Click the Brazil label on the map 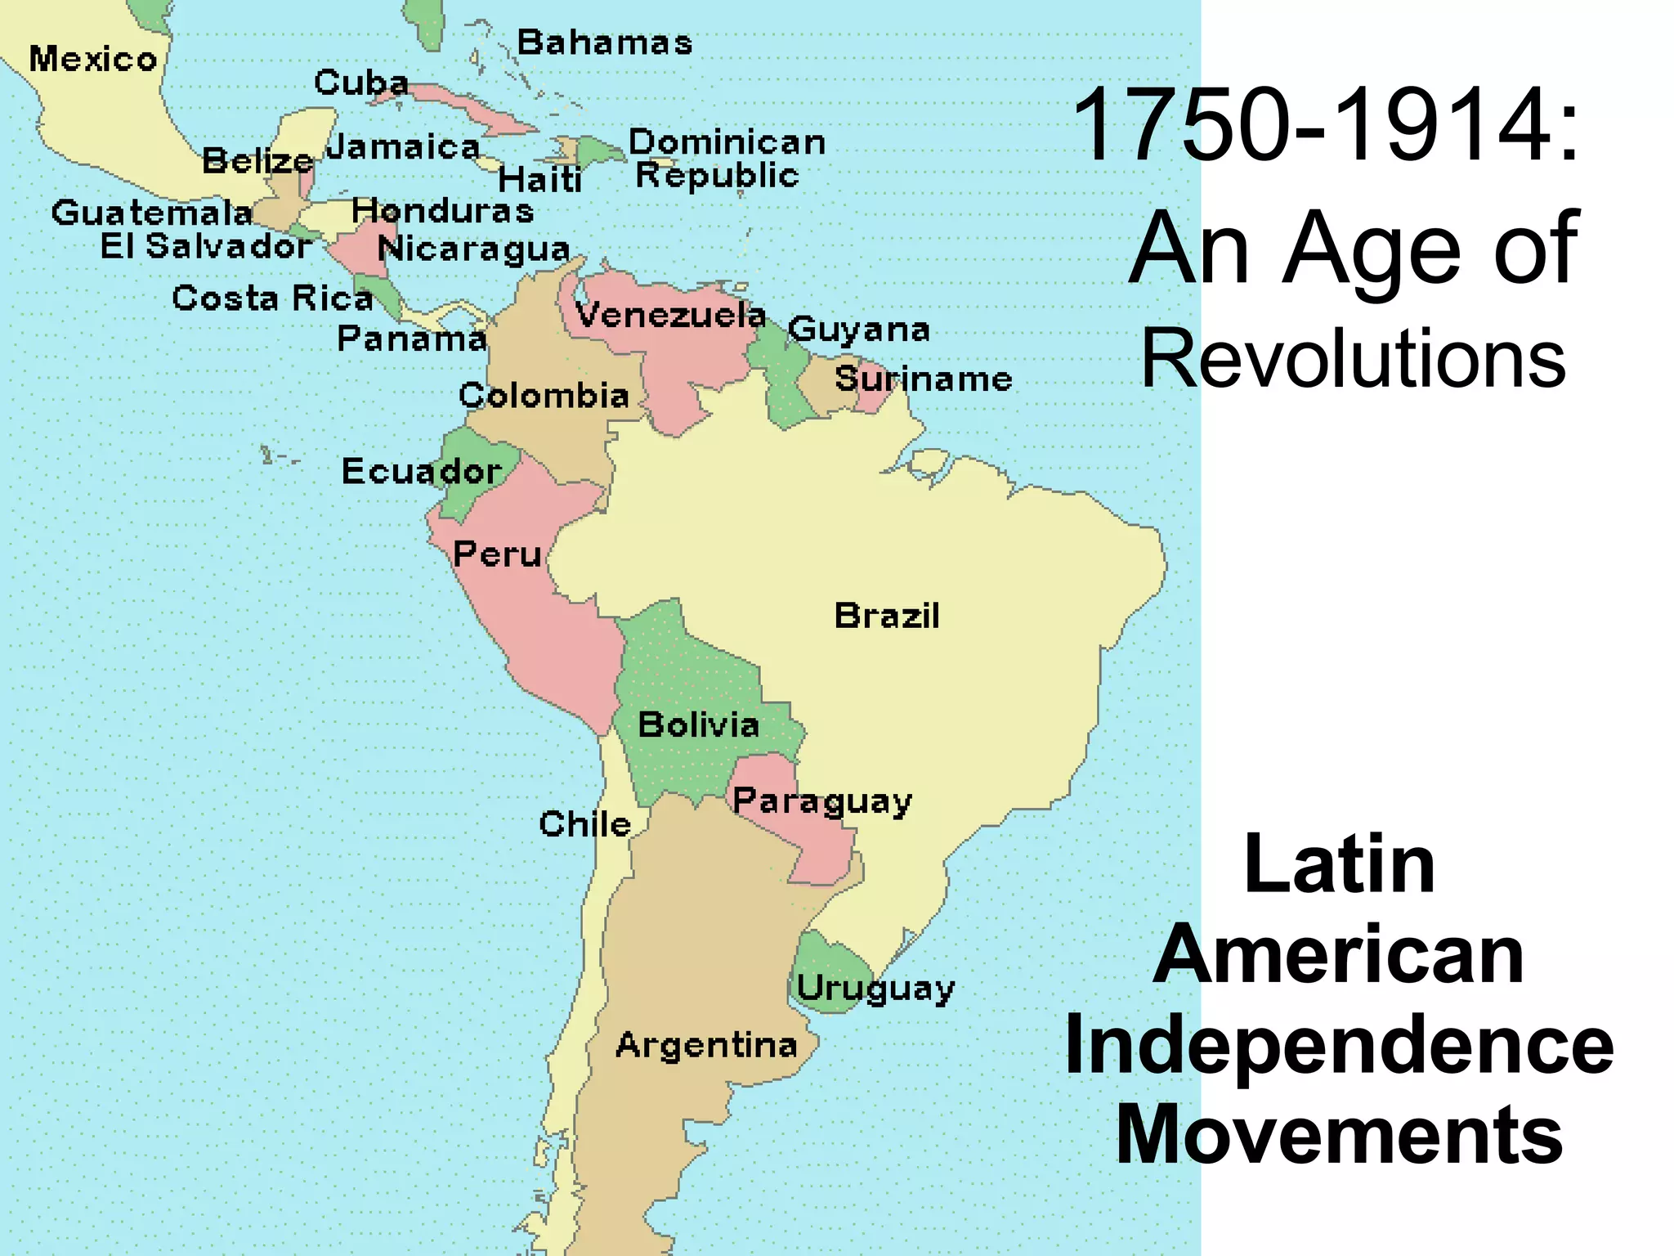[x=887, y=616]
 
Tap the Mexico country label [x=93, y=60]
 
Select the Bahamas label [x=605, y=43]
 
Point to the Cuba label [x=361, y=83]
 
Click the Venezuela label [x=670, y=315]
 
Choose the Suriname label [x=923, y=379]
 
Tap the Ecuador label [x=421, y=471]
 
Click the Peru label [x=497, y=554]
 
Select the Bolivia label [x=699, y=725]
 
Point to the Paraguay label [x=821, y=801]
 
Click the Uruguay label [x=875, y=989]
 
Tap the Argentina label [x=706, y=1046]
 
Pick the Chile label [x=585, y=824]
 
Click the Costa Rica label [x=272, y=298]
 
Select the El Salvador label [x=206, y=246]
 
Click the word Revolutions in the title [x=1353, y=358]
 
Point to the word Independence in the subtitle [x=1339, y=1045]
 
